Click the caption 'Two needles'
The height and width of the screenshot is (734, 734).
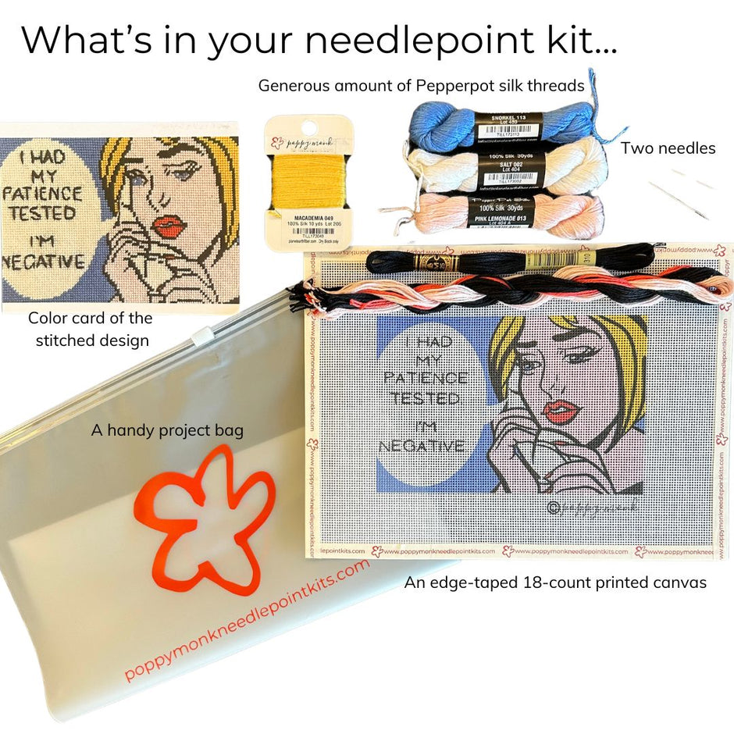pos(668,148)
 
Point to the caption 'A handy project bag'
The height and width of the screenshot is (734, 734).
pos(167,430)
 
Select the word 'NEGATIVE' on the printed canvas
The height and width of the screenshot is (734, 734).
pos(422,447)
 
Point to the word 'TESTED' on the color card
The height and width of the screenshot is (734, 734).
pos(43,213)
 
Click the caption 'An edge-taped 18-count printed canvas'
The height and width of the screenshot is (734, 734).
pos(555,583)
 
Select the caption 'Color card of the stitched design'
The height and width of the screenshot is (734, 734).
pos(91,329)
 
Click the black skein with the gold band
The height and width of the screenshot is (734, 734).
pos(508,258)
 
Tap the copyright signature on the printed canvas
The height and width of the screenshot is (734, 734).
pos(592,508)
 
